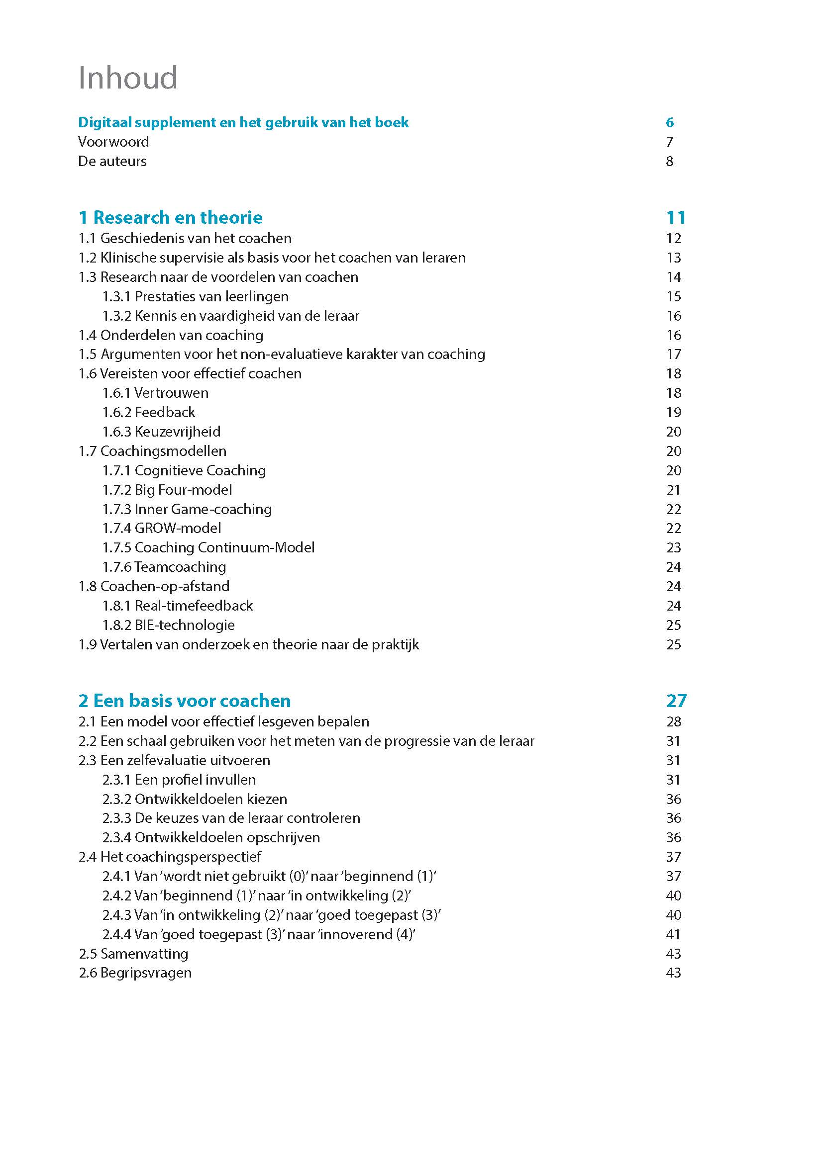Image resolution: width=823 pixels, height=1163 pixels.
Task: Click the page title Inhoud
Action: [128, 78]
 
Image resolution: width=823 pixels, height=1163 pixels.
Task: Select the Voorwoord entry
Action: [113, 142]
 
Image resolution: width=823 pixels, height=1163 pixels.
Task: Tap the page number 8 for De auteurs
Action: [669, 161]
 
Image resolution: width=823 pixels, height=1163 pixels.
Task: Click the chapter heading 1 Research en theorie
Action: [170, 217]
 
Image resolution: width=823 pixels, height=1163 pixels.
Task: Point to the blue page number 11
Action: [676, 217]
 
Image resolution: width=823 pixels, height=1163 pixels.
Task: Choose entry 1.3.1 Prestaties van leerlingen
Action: [195, 296]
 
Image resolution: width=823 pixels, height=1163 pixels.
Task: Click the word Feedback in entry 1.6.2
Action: [165, 412]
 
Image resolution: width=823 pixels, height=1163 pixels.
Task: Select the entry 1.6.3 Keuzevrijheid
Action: [161, 432]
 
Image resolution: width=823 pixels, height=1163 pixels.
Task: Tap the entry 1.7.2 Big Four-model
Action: [167, 490]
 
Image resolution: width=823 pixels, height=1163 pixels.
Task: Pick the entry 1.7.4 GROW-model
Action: [162, 529]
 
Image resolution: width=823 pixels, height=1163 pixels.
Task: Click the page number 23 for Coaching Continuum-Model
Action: [674, 547]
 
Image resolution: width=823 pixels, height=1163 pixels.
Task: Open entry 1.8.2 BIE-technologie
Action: [168, 625]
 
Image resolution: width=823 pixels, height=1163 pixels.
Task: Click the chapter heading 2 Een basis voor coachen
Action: [185, 701]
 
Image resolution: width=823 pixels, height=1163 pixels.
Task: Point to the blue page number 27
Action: [676, 701]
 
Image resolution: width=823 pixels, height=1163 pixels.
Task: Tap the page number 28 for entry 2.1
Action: [674, 721]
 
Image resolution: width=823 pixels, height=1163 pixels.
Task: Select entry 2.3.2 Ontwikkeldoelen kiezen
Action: [195, 799]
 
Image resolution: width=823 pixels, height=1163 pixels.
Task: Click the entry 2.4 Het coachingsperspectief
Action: [170, 857]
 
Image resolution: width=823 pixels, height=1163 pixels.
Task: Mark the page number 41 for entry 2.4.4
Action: [674, 934]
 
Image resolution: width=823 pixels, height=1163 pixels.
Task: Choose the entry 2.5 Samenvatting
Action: [133, 954]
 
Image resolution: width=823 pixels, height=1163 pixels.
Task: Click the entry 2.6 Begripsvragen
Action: [135, 973]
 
